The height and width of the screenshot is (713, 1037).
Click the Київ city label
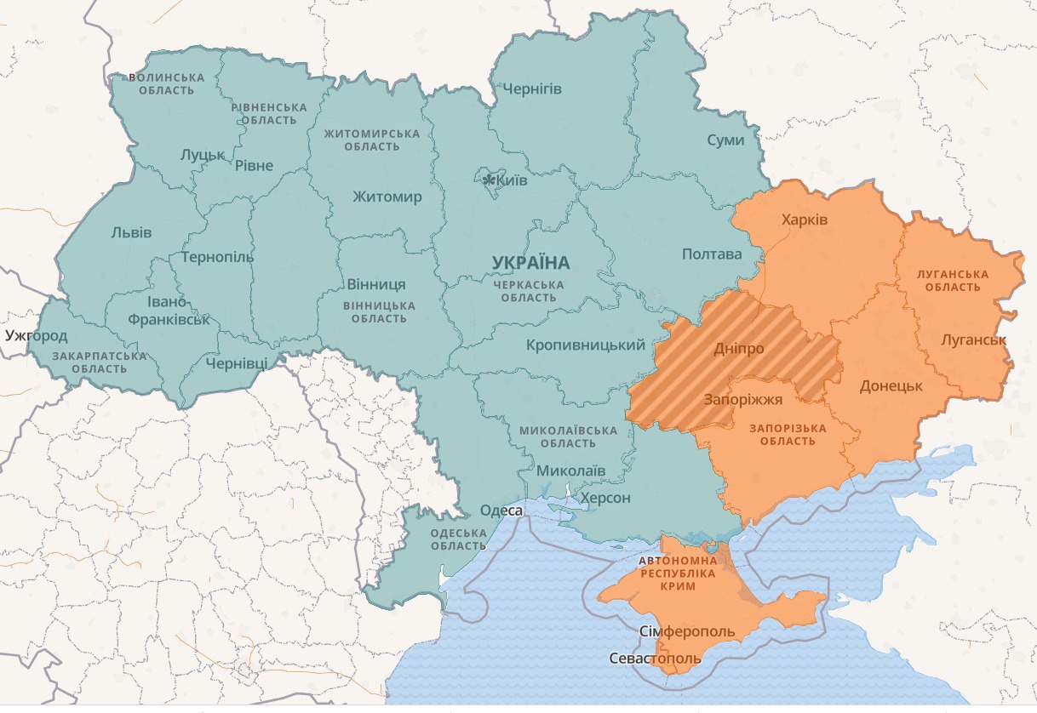[512, 181]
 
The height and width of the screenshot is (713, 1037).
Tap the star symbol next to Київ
[489, 180]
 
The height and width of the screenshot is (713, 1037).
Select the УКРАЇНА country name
[530, 263]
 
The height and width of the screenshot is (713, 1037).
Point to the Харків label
[805, 220]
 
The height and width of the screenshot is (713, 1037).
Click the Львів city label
[132, 232]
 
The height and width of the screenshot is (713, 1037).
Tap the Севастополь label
[656, 659]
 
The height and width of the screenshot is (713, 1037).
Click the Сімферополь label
[686, 632]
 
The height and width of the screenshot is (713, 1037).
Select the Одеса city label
[501, 511]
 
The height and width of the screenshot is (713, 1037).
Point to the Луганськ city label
[974, 339]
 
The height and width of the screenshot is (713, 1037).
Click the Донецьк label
[891, 385]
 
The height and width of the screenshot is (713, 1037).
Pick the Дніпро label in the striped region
[738, 349]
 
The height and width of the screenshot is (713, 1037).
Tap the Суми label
[725, 140]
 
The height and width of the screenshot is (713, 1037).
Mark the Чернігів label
[532, 88]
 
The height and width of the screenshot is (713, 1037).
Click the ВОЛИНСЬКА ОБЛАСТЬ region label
[167, 83]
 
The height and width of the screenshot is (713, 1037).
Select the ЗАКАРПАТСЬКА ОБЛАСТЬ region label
[100, 362]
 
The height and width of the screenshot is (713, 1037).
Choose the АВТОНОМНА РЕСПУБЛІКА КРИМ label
[678, 573]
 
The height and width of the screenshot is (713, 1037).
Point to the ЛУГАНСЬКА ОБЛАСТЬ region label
[953, 281]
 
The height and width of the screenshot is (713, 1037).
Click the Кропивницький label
[586, 345]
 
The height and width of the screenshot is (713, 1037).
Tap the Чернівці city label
[237, 363]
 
